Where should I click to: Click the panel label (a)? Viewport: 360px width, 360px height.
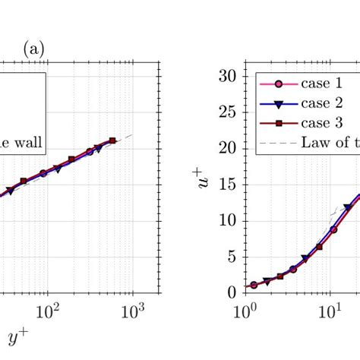pyautogui.click(x=34, y=50)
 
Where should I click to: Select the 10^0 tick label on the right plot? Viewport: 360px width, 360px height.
pyautogui.click(x=246, y=311)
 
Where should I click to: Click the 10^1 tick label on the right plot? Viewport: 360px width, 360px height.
pyautogui.click(x=330, y=311)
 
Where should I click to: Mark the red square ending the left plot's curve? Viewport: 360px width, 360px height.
pyautogui.click(x=112, y=141)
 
